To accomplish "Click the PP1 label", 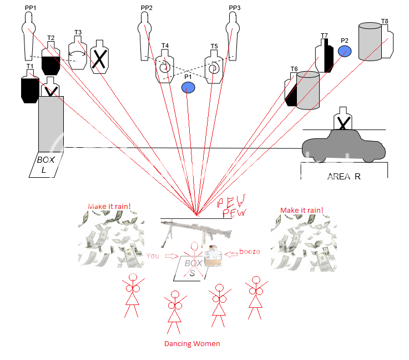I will click(30, 8).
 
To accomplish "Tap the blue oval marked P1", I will click(189, 88).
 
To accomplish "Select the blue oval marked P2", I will click(345, 51).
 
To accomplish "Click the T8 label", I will click(385, 22).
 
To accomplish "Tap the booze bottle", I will click(213, 256).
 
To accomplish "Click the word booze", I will click(249, 252).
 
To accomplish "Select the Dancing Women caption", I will click(192, 344).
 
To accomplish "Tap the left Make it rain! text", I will click(109, 207).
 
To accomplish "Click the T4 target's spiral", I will click(165, 68).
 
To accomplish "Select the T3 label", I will click(78, 33).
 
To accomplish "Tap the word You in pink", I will click(153, 256).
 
